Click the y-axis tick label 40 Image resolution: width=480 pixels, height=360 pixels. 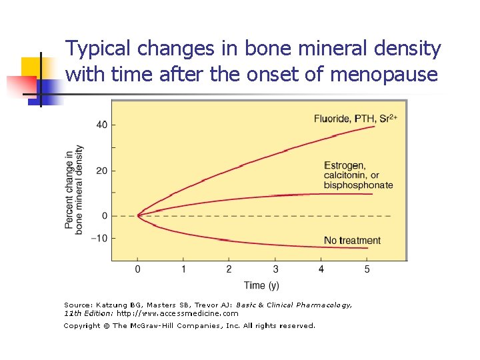click(102, 125)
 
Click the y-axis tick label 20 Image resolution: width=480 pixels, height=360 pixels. click(102, 171)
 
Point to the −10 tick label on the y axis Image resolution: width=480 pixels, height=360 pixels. click(100, 238)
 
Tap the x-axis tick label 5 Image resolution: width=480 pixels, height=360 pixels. click(367, 269)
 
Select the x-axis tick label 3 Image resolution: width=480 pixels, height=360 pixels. click(275, 269)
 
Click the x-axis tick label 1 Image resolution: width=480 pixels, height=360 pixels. click(183, 269)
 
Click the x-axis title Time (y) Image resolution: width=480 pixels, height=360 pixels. click(261, 285)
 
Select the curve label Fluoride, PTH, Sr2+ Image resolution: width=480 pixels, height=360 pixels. click(355, 119)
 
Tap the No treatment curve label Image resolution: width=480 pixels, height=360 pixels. click(352, 240)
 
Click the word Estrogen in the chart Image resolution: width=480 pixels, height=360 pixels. click(343, 165)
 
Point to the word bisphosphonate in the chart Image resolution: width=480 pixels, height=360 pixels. click(358, 185)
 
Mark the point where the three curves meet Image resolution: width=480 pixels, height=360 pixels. click(138, 215)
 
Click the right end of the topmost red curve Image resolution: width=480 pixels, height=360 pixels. click(375, 126)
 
